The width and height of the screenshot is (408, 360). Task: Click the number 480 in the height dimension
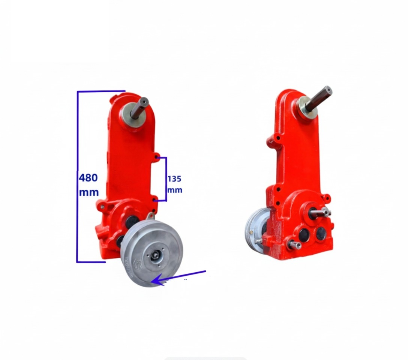point(88,178)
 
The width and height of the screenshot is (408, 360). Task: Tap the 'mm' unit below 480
point(89,192)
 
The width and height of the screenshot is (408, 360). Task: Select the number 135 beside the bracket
point(174,179)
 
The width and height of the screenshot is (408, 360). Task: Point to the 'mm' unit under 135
point(175,190)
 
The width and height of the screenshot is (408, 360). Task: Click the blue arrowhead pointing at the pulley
point(158,280)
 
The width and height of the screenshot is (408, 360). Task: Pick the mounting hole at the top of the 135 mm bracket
point(157,157)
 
